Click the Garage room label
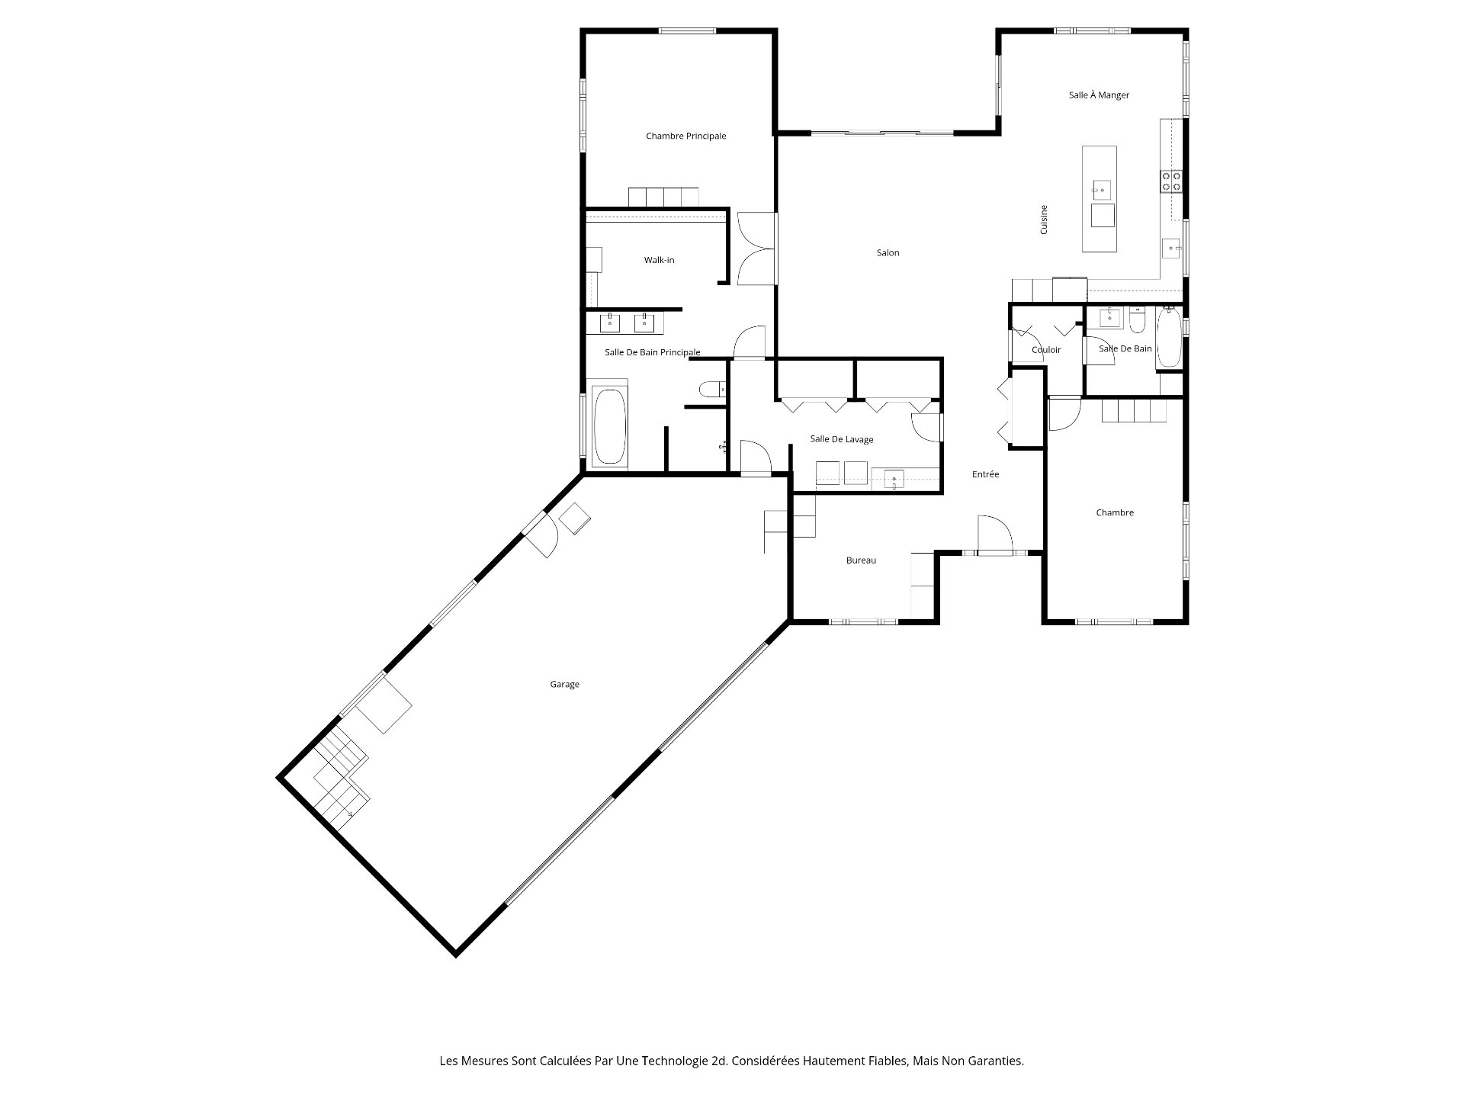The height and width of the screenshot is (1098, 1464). (564, 685)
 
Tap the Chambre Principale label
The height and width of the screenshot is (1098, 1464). (685, 136)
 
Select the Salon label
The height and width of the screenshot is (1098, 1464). (888, 253)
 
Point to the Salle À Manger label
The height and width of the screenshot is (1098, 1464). (1099, 95)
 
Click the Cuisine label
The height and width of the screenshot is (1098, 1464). (1044, 220)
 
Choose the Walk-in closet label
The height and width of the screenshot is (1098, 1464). (659, 261)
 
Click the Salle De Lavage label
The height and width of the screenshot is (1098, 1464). (842, 440)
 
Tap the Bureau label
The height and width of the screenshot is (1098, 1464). (861, 561)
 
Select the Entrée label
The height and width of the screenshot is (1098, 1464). (985, 474)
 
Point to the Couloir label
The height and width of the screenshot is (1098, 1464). (1046, 351)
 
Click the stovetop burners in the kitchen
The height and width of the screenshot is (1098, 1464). (1171, 181)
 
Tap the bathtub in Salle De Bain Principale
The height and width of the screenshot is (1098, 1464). (609, 426)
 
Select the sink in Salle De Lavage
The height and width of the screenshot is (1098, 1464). (893, 480)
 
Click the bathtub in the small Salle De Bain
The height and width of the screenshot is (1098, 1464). (1168, 338)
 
